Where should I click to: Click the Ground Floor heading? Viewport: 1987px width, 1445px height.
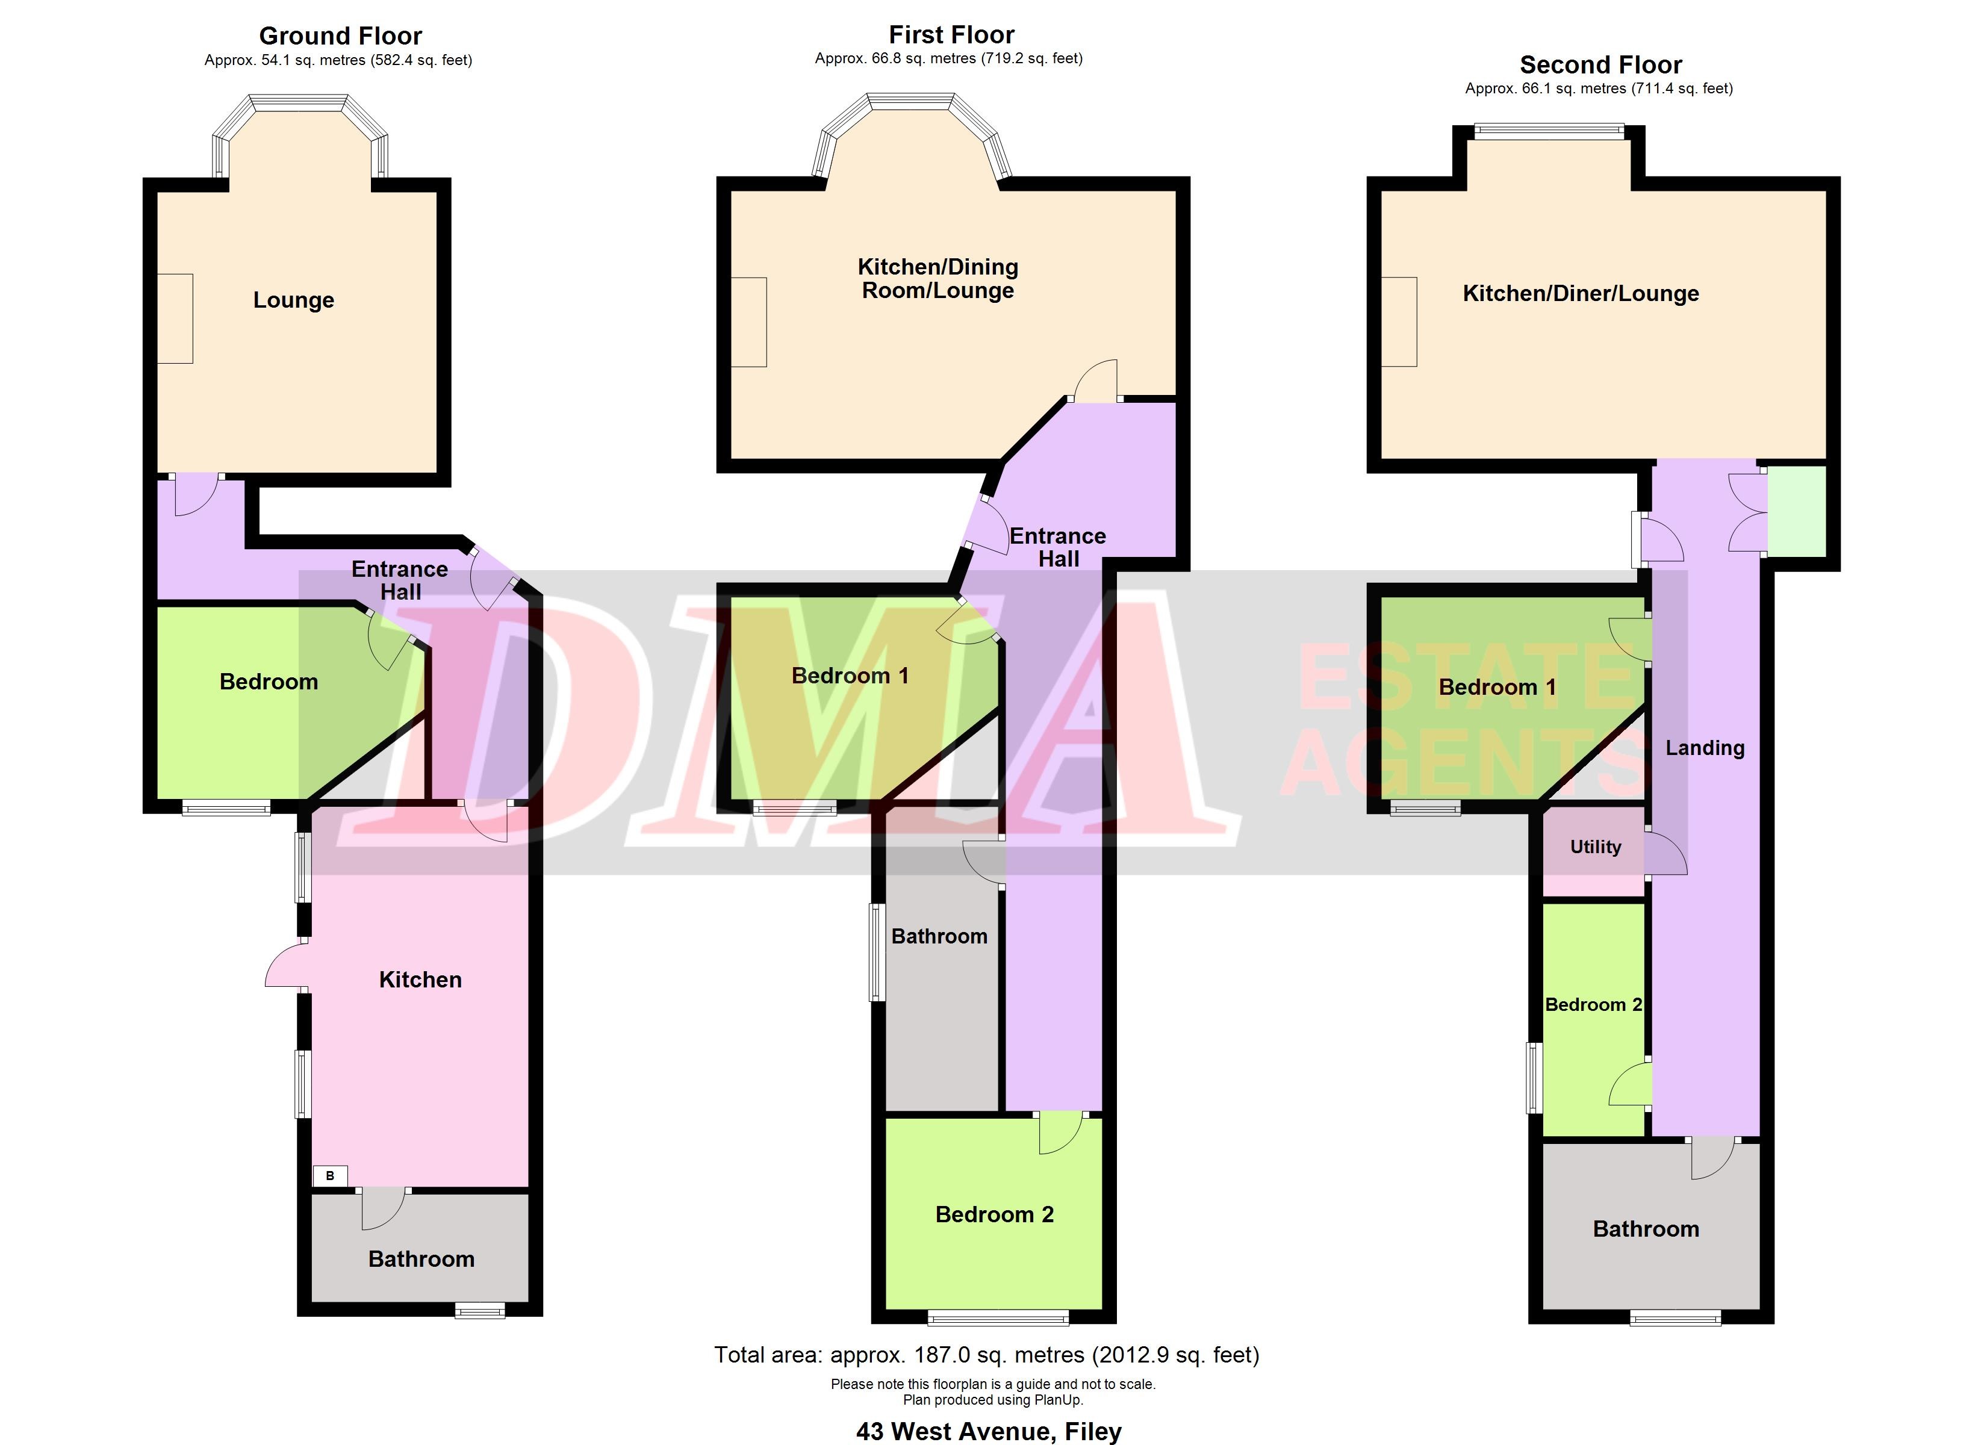(340, 36)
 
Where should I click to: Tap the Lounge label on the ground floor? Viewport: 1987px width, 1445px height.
(293, 300)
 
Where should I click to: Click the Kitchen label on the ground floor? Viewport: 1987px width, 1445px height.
(420, 980)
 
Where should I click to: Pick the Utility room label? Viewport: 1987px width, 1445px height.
(1594, 847)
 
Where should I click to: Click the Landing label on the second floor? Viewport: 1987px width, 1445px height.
(1704, 747)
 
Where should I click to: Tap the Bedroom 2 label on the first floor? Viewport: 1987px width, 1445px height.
(994, 1214)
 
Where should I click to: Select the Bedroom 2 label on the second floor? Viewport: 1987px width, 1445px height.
(1593, 1004)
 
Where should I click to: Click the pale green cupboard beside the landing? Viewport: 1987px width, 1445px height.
(1796, 511)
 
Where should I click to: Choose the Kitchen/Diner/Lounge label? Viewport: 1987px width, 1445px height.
(1581, 294)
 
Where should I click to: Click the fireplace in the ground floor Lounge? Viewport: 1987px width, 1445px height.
(175, 318)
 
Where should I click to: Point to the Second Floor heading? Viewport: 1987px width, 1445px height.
(1600, 65)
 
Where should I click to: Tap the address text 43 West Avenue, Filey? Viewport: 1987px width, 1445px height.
(988, 1431)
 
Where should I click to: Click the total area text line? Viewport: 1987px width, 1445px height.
(986, 1355)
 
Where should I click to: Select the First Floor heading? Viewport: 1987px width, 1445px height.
(951, 35)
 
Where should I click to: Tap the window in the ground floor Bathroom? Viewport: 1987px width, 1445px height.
(479, 1311)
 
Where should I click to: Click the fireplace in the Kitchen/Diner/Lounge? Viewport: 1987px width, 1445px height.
(1399, 322)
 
